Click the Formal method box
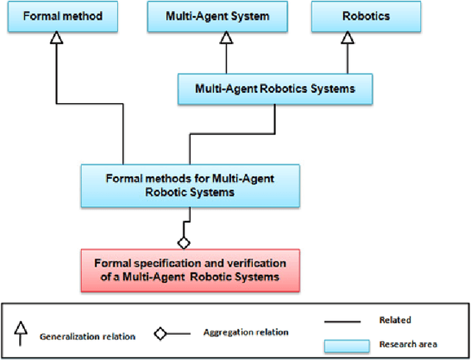56,15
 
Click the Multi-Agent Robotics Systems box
275,88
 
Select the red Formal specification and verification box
191,269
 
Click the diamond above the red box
184,241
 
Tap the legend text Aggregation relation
237,332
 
